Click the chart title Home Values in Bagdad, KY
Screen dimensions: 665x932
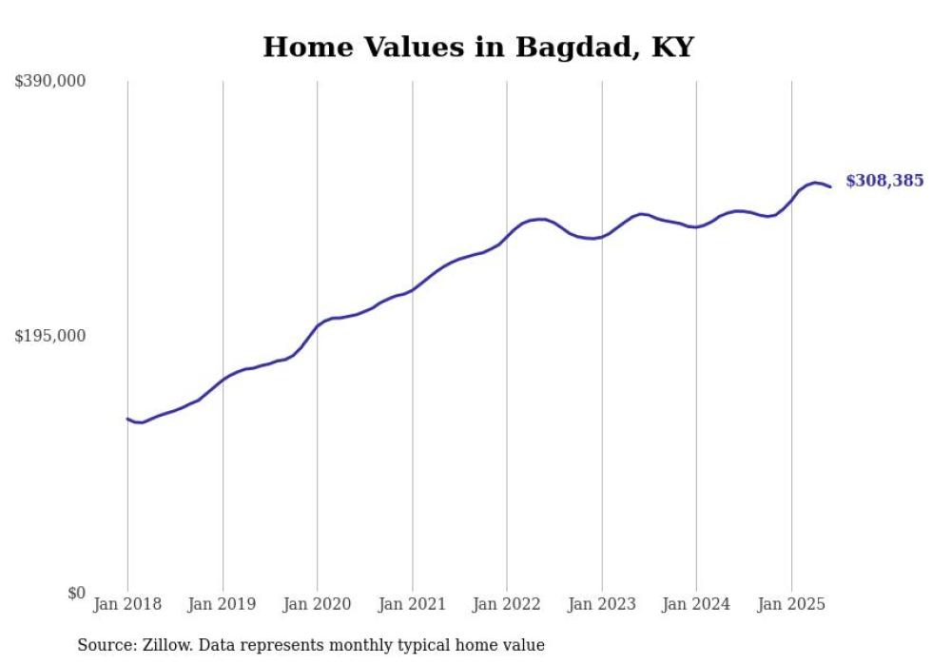478,47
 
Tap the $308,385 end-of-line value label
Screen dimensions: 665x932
883,181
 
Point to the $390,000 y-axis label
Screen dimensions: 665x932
50,81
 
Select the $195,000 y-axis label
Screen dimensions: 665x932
50,336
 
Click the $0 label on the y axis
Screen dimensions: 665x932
76,593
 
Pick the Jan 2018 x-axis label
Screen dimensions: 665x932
127,604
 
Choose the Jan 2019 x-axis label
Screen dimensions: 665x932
223,604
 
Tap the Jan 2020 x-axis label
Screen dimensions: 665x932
318,604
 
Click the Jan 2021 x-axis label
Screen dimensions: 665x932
412,604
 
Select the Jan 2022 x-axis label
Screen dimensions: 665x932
507,604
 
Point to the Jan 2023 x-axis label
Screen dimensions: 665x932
602,604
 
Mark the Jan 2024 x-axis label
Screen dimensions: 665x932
696,604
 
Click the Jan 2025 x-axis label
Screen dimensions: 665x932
791,604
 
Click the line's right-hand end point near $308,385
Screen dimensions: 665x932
830,186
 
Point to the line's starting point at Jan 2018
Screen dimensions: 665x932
127,419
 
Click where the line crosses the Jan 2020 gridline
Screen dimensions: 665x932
318,325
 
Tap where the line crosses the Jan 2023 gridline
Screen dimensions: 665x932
602,237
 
